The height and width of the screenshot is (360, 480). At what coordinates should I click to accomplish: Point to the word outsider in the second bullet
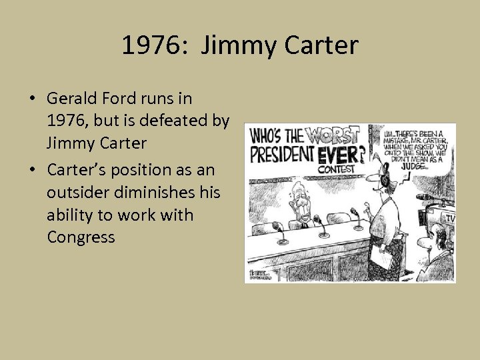pyautogui.click(x=74, y=193)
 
